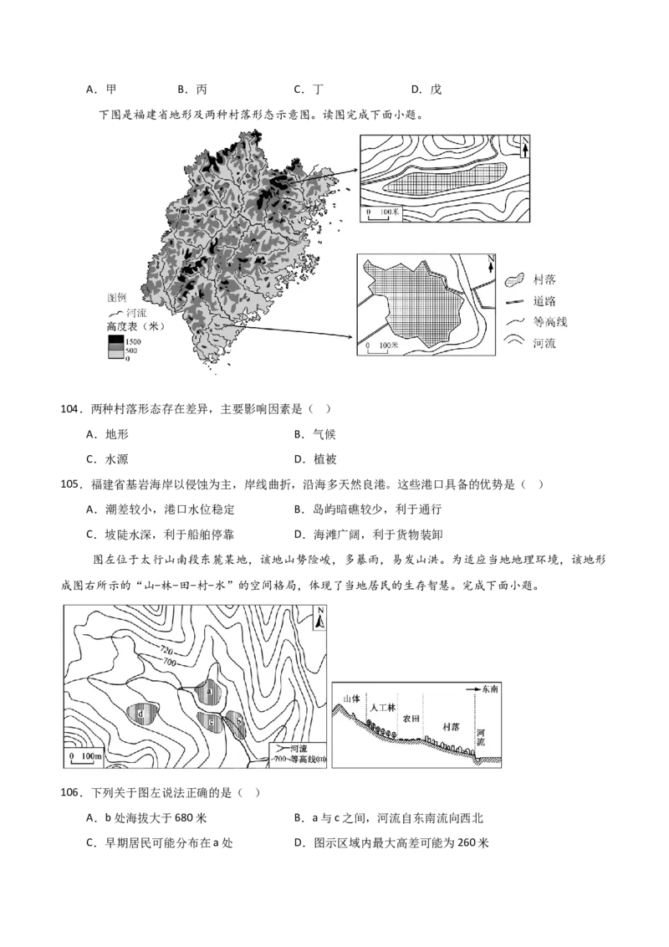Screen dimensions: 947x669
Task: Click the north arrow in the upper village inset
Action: tap(523, 148)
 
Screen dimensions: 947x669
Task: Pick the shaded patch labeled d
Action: tap(141, 714)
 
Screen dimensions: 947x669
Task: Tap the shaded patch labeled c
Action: tap(212, 720)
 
